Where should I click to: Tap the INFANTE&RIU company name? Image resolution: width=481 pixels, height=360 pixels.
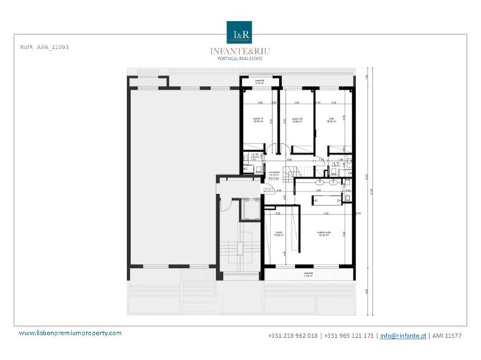pos(240,50)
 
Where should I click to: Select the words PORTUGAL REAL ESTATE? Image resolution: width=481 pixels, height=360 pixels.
pos(240,58)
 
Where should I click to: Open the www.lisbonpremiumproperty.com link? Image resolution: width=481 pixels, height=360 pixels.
pos(70,333)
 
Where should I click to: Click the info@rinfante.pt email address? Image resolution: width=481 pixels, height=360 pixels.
pos(403,335)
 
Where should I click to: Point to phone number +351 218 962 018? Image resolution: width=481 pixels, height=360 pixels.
pos(293,335)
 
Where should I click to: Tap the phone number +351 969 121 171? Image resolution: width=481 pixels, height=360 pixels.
pos(348,335)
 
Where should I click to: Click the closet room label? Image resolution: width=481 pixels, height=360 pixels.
pos(278,234)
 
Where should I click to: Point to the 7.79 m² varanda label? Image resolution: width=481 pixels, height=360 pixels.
pos(308,275)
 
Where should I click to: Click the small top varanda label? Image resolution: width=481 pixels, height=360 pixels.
pos(259,81)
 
